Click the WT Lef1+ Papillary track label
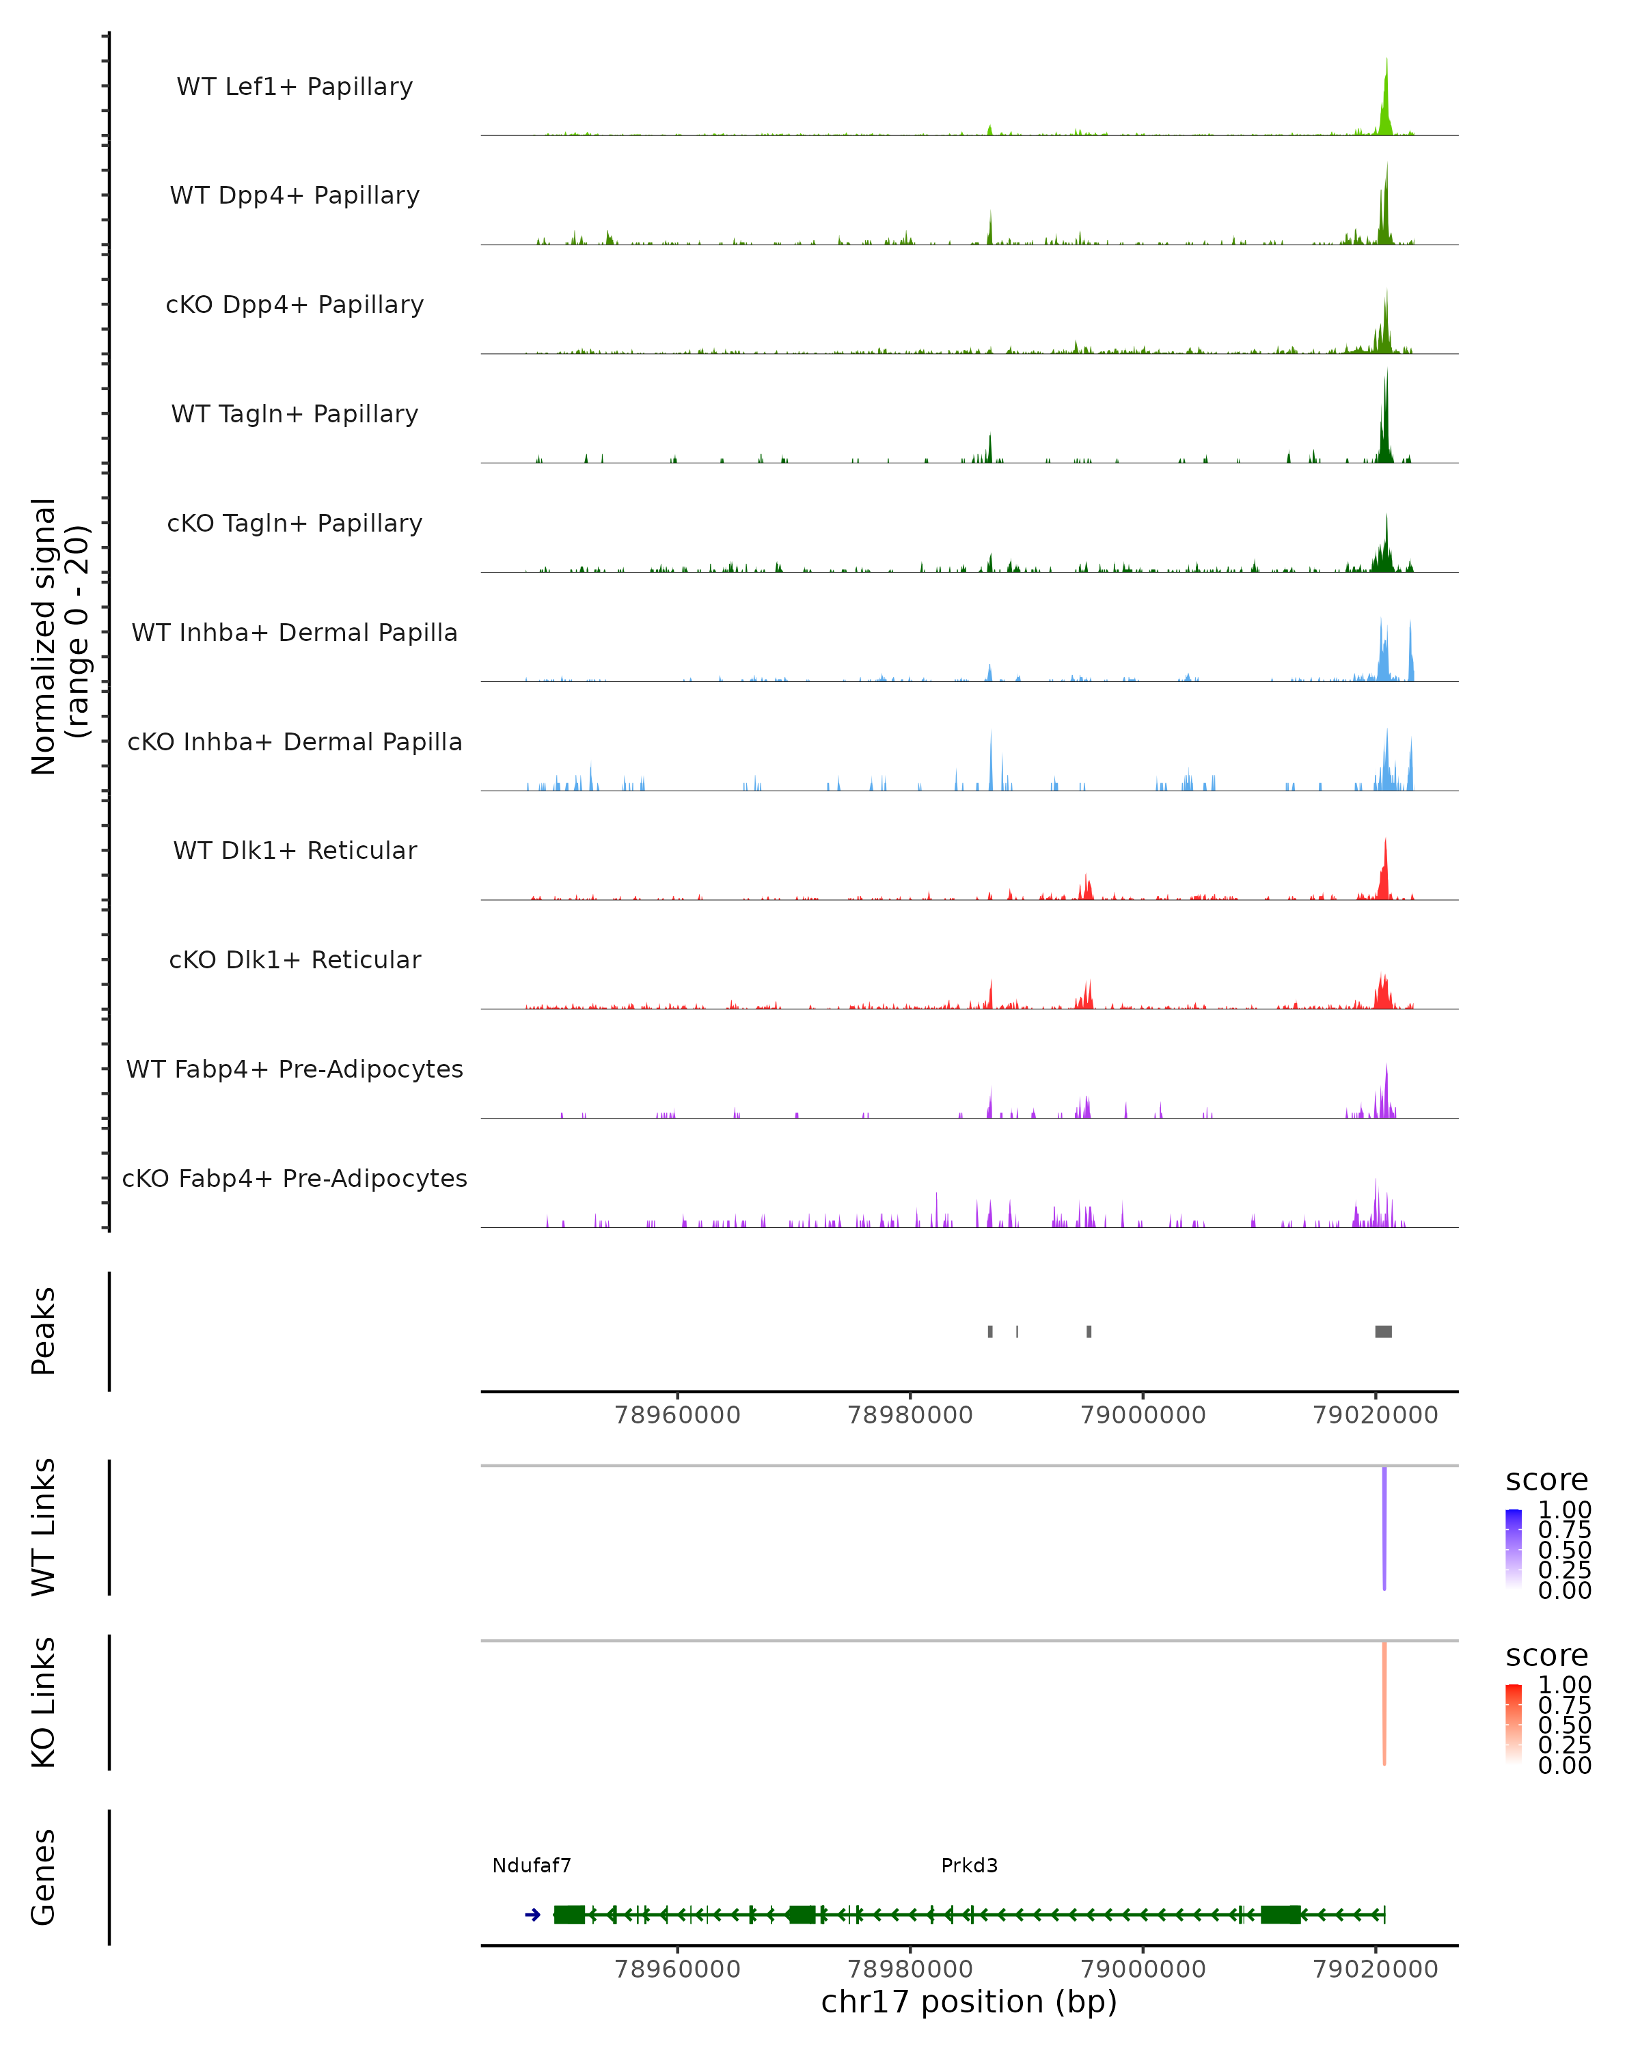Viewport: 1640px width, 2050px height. point(295,87)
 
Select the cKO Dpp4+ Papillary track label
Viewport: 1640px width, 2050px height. point(295,304)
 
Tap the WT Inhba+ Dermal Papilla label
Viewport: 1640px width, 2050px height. point(295,632)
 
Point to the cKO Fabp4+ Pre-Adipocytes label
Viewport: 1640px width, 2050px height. point(295,1178)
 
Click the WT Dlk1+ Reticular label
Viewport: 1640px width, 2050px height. point(295,850)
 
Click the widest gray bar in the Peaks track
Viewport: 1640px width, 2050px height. point(1383,1331)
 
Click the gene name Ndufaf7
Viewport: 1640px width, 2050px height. point(532,1865)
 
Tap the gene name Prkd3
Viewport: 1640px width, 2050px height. point(969,1865)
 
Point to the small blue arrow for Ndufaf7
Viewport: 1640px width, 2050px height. point(532,1915)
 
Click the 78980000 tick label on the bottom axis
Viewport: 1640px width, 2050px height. point(910,1969)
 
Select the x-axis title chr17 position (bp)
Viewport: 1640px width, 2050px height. point(969,2002)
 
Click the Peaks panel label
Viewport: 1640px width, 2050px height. point(43,1331)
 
